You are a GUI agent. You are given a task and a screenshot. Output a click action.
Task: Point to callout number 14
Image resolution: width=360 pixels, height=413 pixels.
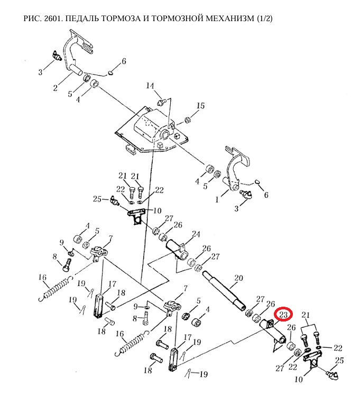[150, 86]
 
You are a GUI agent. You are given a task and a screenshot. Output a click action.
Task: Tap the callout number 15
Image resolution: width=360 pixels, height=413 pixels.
[200, 106]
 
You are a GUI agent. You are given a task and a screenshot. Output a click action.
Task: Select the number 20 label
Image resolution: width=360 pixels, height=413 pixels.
[238, 278]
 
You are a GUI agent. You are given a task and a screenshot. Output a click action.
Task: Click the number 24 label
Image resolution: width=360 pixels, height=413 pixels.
[196, 234]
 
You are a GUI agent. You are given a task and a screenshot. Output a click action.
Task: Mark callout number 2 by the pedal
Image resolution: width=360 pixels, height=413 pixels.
[54, 88]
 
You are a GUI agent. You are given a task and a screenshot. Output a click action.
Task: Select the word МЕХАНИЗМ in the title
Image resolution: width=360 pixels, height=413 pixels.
[228, 19]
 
